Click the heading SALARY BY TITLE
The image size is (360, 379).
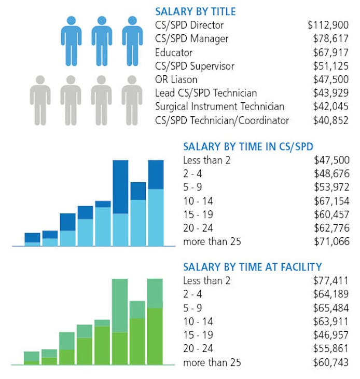coord(195,11)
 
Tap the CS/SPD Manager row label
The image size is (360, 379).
coord(191,38)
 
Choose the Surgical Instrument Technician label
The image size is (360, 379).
coord(219,106)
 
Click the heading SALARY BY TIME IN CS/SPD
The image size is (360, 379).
coord(248,147)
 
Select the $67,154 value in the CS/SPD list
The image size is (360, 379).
coord(331,201)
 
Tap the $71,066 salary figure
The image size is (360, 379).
coord(331,241)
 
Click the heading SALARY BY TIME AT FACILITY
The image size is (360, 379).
coord(252,267)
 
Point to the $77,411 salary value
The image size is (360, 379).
coord(331,281)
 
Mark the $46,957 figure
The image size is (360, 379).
coord(331,335)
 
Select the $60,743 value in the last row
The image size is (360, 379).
coord(331,362)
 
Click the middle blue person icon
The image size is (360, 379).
coord(102,34)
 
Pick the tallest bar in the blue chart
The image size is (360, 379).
coord(120,202)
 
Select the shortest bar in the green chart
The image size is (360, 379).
coord(32,358)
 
